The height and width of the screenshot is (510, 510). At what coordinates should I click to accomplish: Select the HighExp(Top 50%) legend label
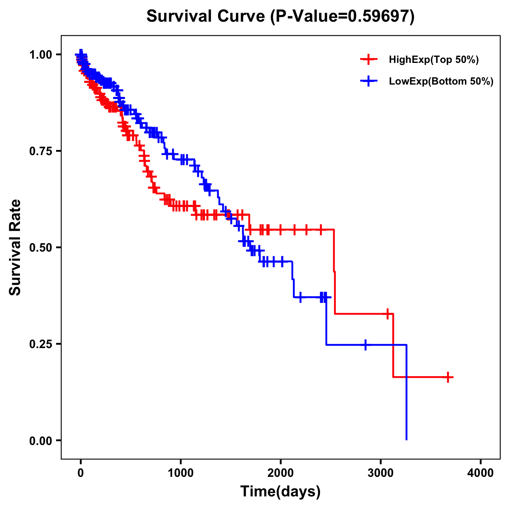(433, 60)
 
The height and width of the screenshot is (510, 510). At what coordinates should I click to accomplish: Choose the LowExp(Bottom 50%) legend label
(441, 82)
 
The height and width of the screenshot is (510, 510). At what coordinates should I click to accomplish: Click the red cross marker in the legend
(368, 59)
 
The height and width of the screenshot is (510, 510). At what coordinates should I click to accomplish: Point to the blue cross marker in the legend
(368, 81)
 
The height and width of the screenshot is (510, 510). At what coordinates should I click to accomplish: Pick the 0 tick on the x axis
(81, 473)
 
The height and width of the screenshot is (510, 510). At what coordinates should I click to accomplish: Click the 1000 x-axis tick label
(181, 473)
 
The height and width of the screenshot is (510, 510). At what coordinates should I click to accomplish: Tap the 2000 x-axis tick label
(281, 473)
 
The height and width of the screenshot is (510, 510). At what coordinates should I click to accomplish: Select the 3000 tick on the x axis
(381, 473)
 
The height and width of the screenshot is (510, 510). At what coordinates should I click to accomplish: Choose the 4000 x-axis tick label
(481, 473)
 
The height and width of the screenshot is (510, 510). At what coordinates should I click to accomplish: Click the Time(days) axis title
(280, 492)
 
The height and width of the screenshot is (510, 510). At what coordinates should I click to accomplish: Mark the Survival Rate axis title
(15, 247)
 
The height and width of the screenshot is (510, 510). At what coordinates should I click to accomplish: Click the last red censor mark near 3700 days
(448, 377)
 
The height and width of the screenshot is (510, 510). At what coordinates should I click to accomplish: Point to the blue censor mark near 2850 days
(365, 345)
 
